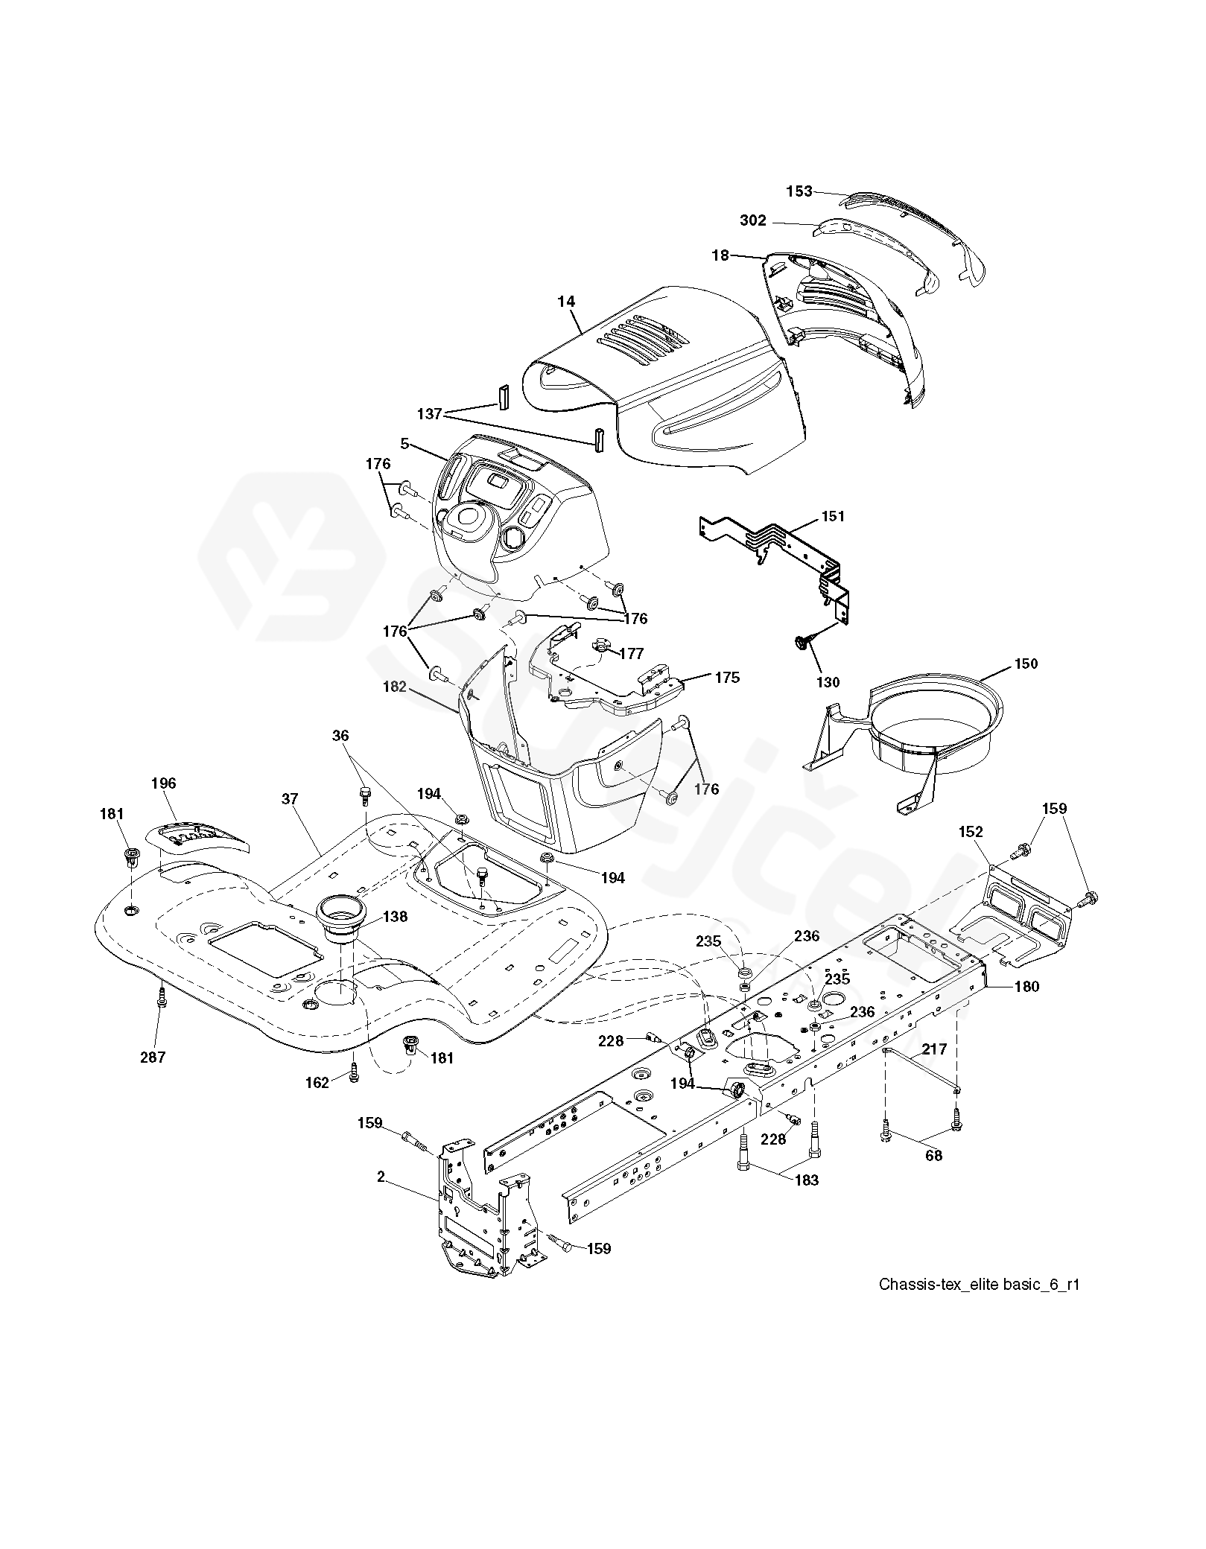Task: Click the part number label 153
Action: [799, 191]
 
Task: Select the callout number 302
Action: [753, 221]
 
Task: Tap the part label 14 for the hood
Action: [566, 302]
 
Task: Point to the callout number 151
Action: [834, 516]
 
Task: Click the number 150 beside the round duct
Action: [1026, 664]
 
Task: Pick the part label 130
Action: [828, 682]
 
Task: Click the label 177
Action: [632, 654]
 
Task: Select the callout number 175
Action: [727, 678]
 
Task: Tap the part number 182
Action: [394, 687]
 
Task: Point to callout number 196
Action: [163, 783]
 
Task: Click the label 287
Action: [153, 1057]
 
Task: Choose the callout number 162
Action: [317, 1083]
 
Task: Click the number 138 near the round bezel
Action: [395, 917]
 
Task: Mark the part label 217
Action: [934, 1049]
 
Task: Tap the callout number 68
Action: [933, 1155]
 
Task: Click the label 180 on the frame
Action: [1026, 987]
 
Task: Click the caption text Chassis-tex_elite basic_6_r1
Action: [979, 1285]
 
